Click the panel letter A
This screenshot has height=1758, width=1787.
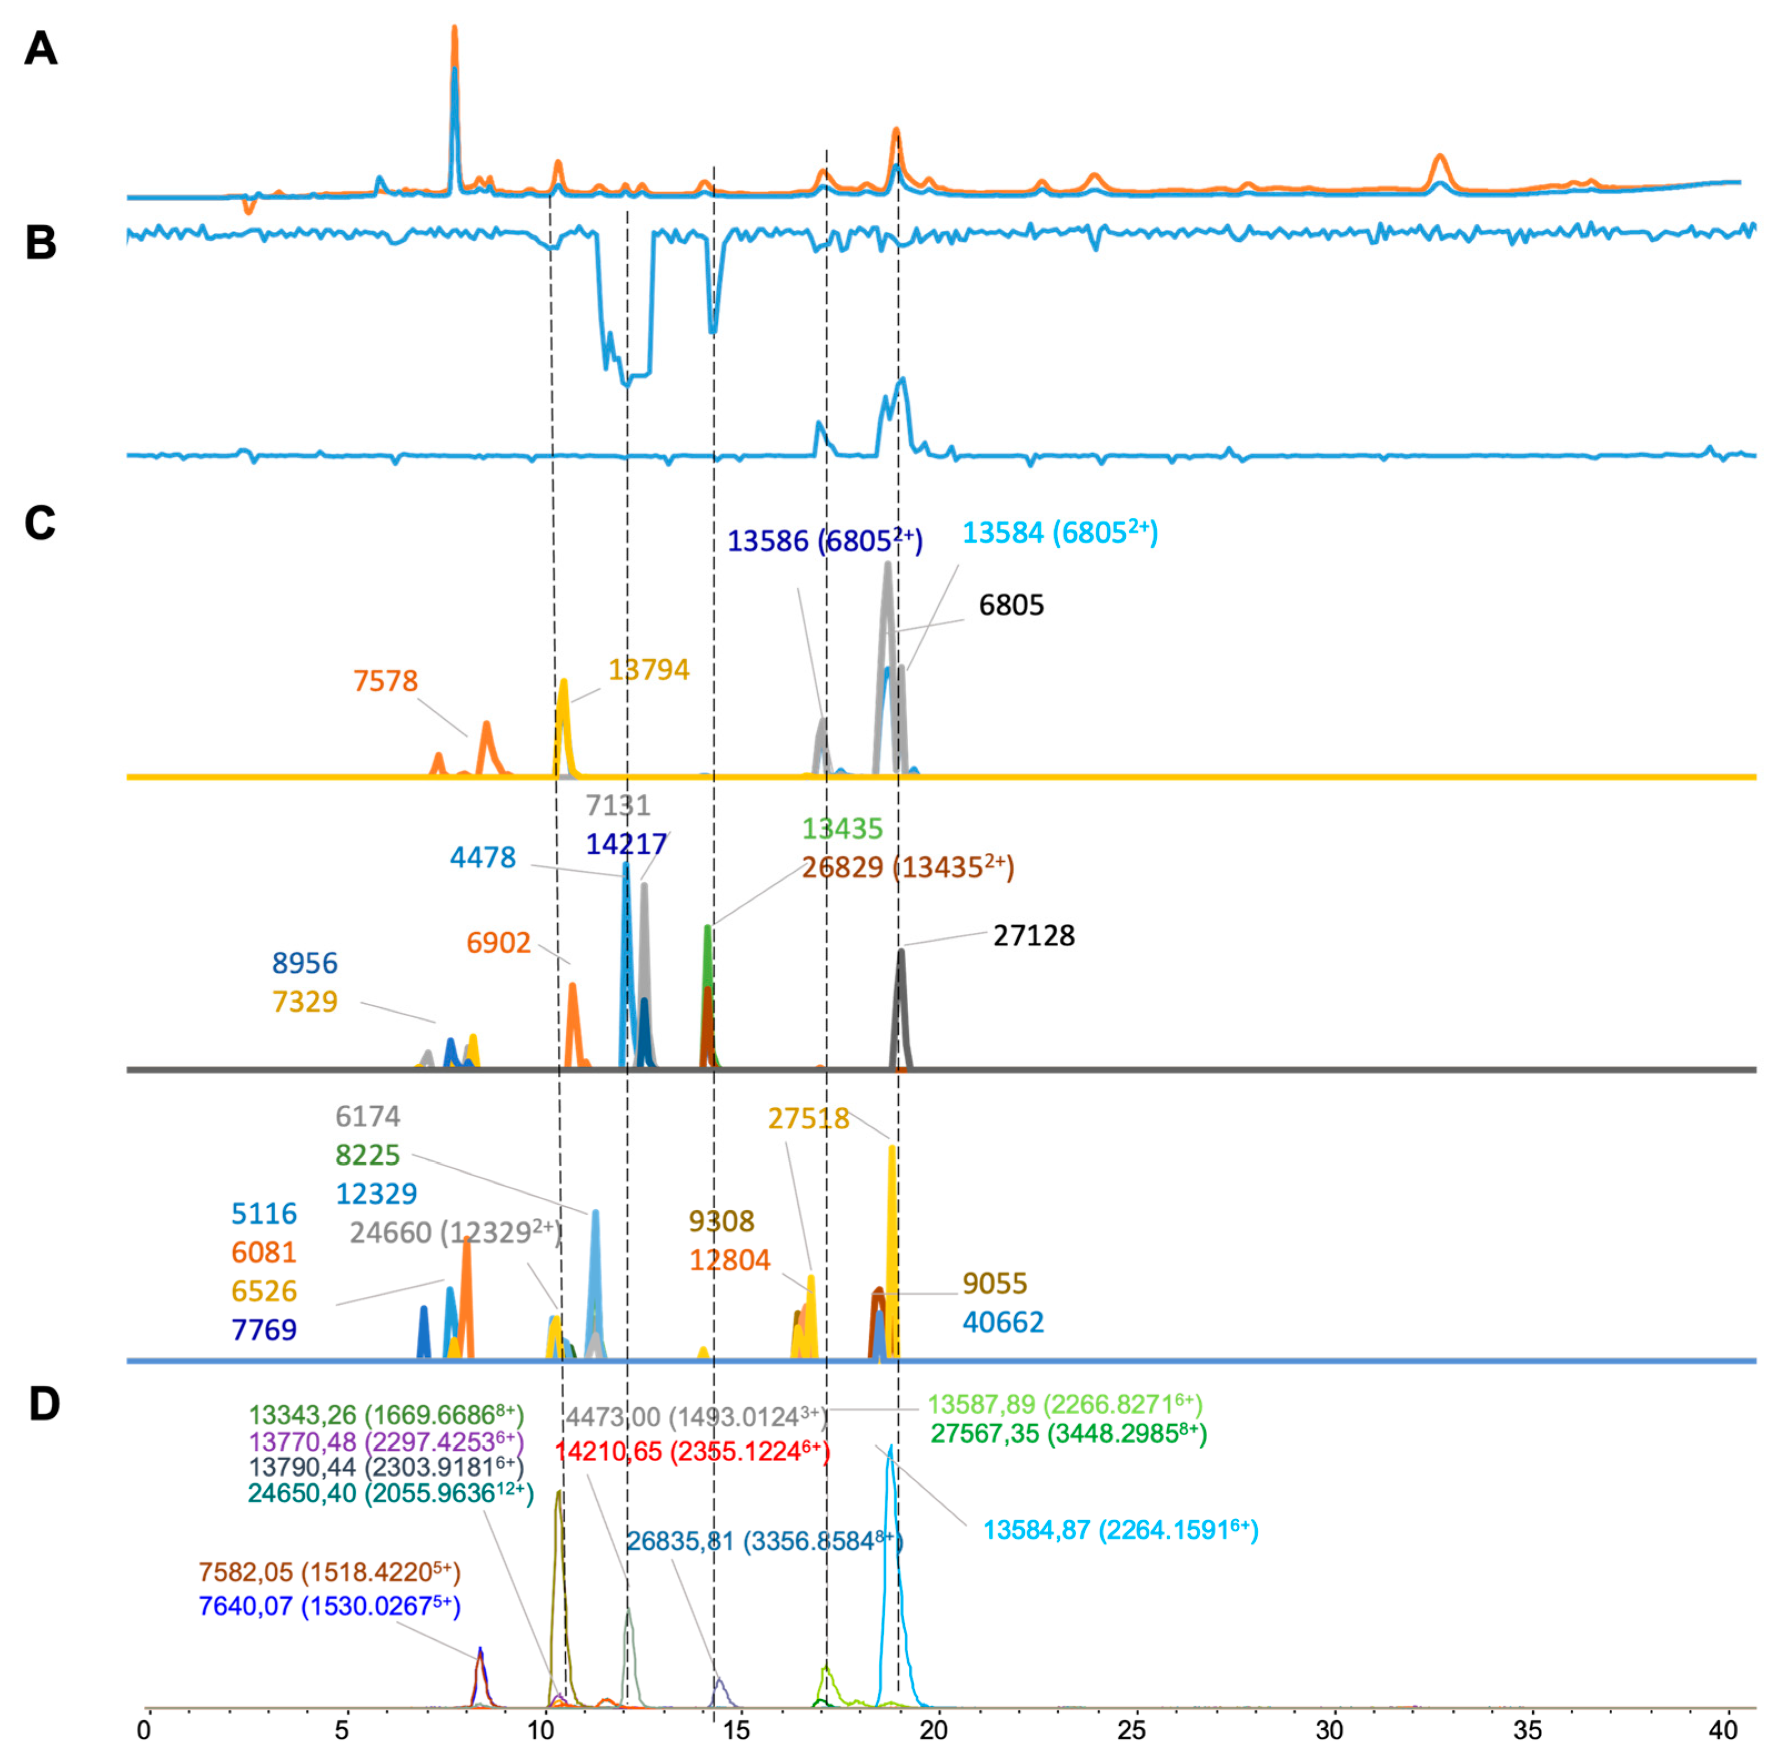pos(40,49)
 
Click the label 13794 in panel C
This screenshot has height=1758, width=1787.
pos(648,669)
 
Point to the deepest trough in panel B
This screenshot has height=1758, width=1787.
pos(626,383)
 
